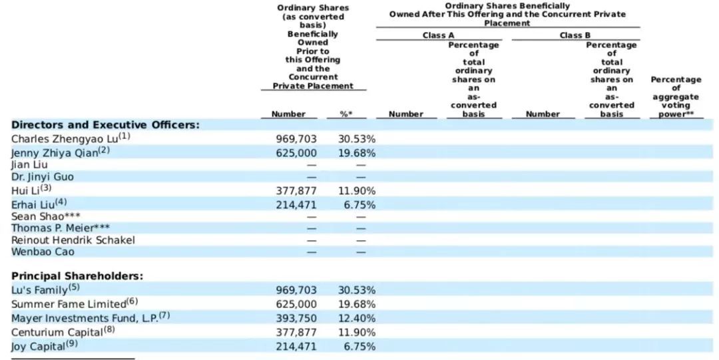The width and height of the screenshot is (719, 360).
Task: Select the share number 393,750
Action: pos(296,318)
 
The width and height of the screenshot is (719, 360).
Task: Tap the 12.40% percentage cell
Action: pos(357,318)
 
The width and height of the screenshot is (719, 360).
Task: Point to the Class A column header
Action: pos(438,35)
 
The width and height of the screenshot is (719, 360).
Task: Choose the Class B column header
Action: pos(575,35)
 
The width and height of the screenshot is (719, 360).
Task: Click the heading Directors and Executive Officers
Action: pos(105,125)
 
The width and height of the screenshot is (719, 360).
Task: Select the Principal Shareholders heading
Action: pos(77,276)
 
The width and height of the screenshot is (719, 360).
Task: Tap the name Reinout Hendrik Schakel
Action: pos(73,240)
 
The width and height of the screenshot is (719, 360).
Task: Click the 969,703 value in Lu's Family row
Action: pos(296,290)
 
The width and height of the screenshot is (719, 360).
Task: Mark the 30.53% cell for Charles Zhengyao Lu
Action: pos(357,139)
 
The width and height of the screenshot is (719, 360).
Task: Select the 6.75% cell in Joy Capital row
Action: pos(359,347)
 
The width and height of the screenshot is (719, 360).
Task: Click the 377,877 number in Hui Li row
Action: pos(296,191)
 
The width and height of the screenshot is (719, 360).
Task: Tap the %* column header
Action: pos(346,114)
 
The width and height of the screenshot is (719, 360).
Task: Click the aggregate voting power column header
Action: pos(676,96)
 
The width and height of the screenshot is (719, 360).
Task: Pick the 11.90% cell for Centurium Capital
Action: pos(357,333)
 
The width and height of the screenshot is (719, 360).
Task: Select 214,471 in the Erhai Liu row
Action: pos(296,205)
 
